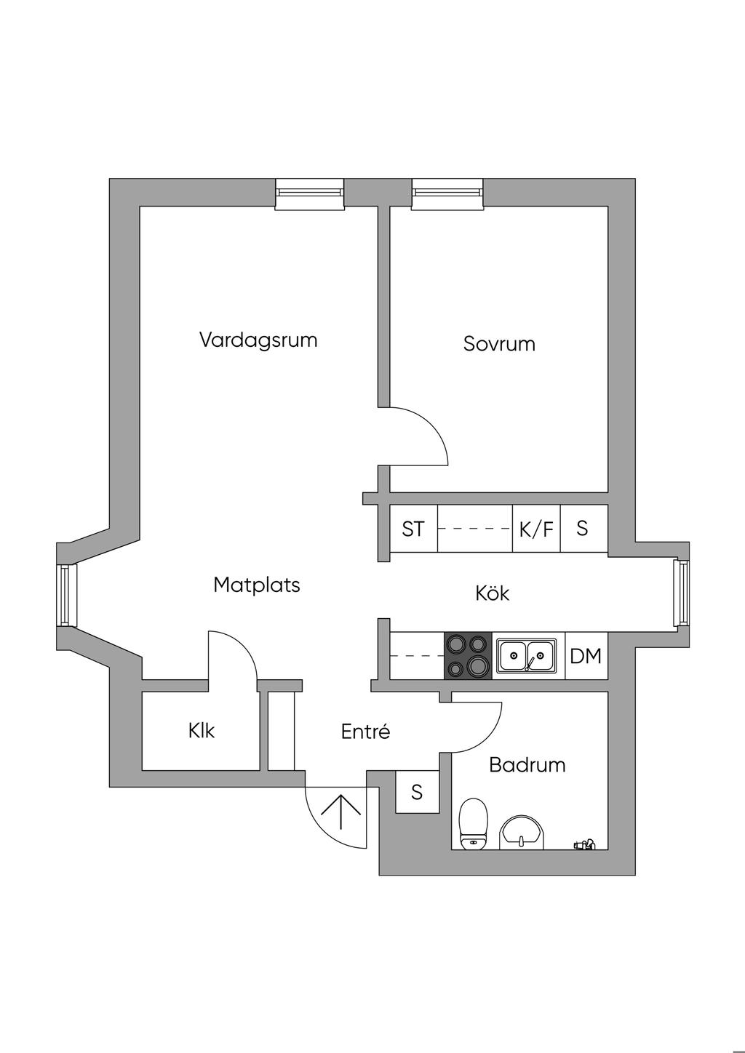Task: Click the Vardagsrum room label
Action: tap(258, 340)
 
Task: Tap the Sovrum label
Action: tap(499, 344)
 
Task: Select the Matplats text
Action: tap(257, 585)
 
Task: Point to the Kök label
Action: tap(493, 593)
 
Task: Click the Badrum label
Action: tap(527, 765)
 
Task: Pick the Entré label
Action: tap(365, 732)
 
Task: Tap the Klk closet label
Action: tap(202, 731)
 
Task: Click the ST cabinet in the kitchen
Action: tap(414, 529)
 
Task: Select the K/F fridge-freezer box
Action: tap(536, 529)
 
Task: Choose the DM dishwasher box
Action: tap(586, 656)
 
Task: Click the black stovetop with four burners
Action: tap(468, 656)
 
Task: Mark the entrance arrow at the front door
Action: tap(340, 812)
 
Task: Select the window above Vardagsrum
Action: tap(309, 193)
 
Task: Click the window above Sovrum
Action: tap(447, 193)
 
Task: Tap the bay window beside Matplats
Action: tap(66, 595)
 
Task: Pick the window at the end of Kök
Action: tap(682, 593)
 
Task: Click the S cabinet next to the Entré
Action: tap(417, 792)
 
